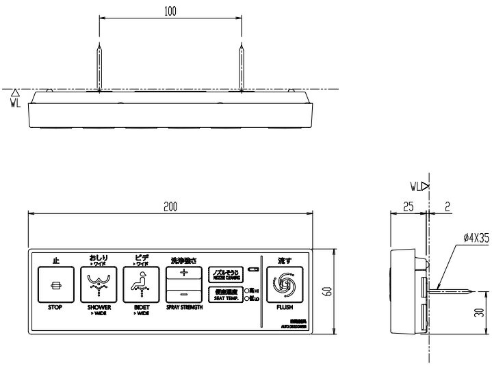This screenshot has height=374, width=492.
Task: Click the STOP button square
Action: pyautogui.click(x=56, y=284)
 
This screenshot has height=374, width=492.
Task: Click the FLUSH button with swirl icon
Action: pyautogui.click(x=284, y=284)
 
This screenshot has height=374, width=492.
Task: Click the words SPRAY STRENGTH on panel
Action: pyautogui.click(x=184, y=308)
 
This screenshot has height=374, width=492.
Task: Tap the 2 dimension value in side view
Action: pyautogui.click(x=446, y=206)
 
